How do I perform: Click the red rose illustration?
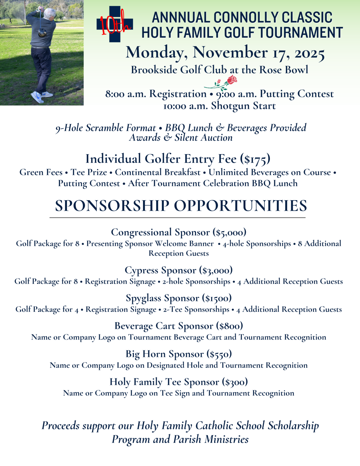pos(231,80)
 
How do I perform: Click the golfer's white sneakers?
pos(38,96)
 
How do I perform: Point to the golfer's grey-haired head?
pos(49,14)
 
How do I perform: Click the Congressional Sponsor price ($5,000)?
pos(230,232)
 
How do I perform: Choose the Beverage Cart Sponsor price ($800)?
pos(229,326)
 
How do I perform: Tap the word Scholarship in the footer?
pos(293,426)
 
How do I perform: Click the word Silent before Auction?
pos(188,138)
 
